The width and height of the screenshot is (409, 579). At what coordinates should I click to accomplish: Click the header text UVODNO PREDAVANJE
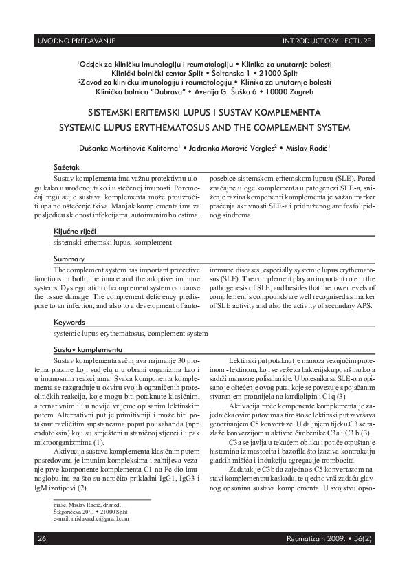(x=75, y=41)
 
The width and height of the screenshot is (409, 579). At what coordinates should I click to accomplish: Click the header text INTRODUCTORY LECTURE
(x=327, y=41)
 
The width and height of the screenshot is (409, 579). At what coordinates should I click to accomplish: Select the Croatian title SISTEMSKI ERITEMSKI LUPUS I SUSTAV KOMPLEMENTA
(x=205, y=111)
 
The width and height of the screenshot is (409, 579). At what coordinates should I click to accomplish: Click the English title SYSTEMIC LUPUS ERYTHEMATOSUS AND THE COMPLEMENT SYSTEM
(x=205, y=128)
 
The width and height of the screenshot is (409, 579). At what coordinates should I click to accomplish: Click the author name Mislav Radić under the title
(x=308, y=147)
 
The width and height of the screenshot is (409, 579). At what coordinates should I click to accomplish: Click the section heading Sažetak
(x=67, y=168)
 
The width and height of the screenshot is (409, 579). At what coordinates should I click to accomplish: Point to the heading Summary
(x=69, y=259)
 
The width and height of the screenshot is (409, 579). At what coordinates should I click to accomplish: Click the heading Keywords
(x=70, y=322)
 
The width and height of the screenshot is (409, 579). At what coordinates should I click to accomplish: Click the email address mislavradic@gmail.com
(x=91, y=518)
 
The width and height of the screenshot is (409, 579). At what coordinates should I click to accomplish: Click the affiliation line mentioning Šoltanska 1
(x=205, y=72)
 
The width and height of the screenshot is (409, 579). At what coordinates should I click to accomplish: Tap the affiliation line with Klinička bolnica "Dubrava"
(x=205, y=91)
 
